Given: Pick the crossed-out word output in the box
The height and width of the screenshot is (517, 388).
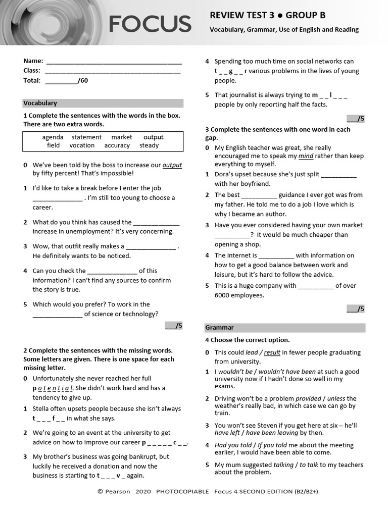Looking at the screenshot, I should [x=154, y=137].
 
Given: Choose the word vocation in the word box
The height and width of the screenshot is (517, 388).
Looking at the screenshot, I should [x=82, y=145].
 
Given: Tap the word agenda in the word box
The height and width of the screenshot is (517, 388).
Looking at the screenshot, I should [x=53, y=137].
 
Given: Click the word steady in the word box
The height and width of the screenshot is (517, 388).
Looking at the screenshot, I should [x=149, y=145].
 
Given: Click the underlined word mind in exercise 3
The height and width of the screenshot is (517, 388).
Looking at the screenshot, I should [x=306, y=156].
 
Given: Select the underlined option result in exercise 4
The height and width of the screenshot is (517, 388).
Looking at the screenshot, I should [x=272, y=352].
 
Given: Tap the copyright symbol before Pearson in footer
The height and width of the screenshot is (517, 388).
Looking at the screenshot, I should [x=100, y=491].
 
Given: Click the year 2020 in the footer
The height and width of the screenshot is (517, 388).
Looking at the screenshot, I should [x=143, y=491].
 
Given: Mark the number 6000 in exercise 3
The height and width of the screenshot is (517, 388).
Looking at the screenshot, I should [x=223, y=295].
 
